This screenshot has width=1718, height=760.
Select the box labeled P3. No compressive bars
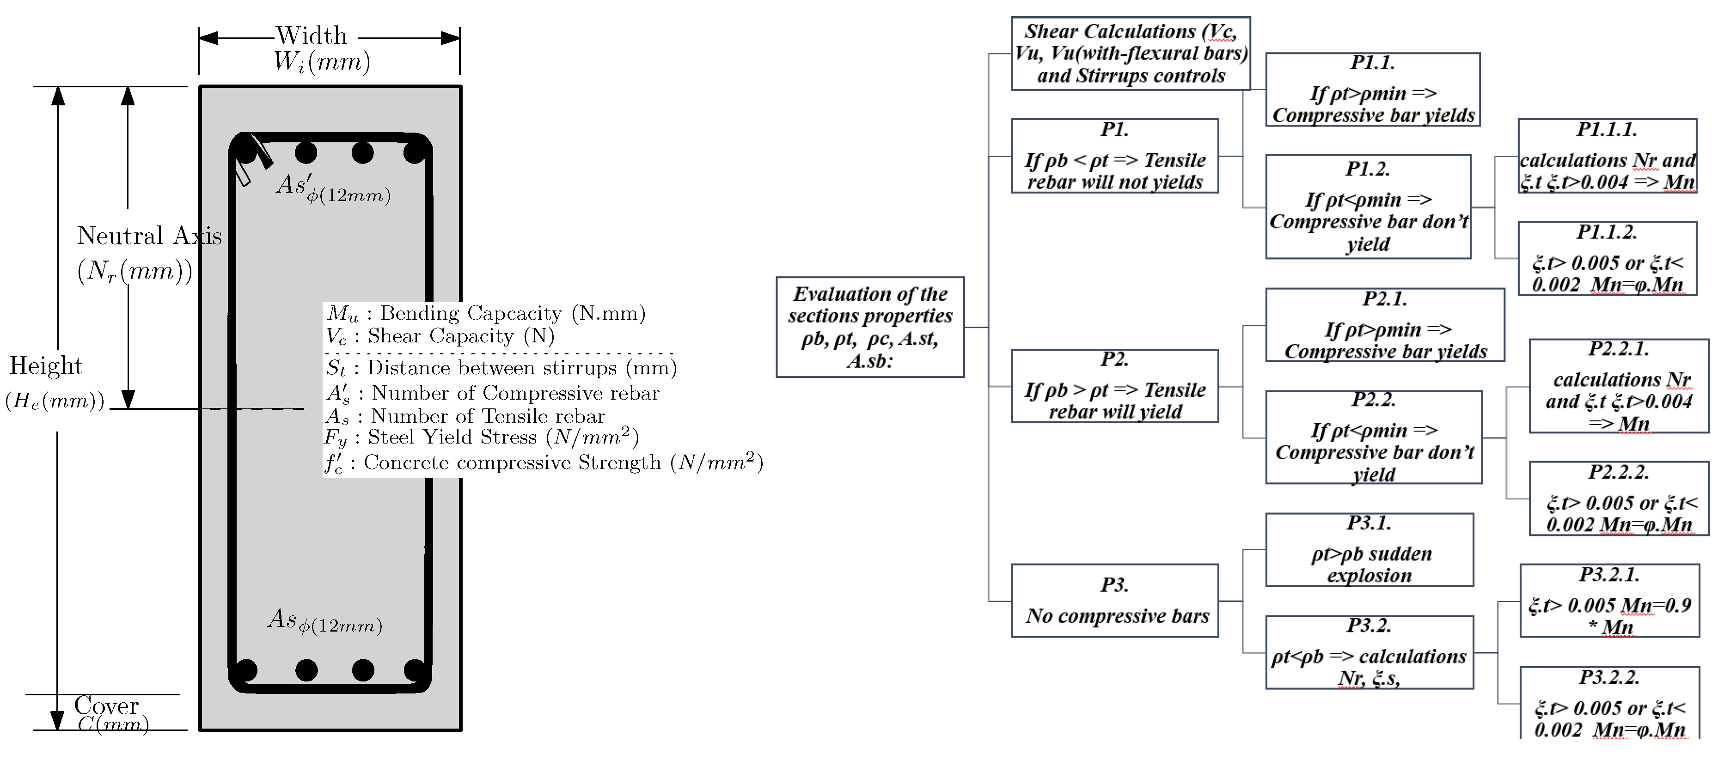[x=1114, y=601]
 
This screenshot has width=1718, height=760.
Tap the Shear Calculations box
[x=1131, y=53]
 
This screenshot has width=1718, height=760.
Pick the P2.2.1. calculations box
[x=1619, y=386]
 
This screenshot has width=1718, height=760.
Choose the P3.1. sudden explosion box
[x=1369, y=550]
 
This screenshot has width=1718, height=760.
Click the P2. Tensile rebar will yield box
[x=1114, y=386]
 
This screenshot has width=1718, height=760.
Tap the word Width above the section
[x=312, y=35]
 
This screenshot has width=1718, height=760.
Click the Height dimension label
[x=45, y=366]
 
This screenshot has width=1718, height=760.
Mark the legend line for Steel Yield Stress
[x=482, y=438]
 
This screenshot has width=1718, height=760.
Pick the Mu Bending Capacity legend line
[x=485, y=313]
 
